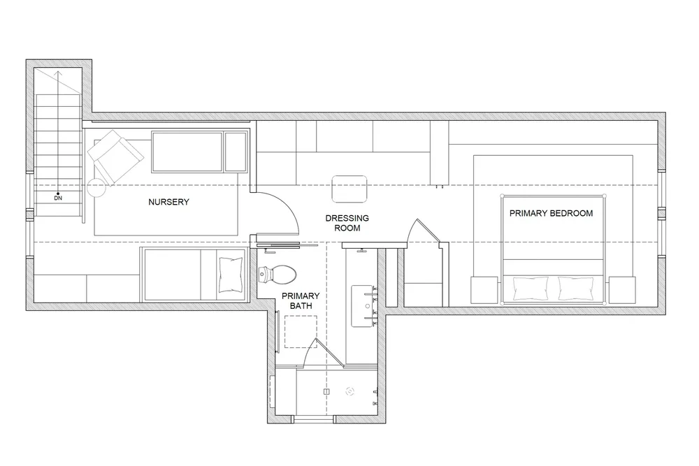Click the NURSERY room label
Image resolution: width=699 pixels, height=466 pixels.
168,203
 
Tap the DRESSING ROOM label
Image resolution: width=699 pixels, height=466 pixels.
347,223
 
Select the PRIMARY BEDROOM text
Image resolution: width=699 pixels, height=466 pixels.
551,213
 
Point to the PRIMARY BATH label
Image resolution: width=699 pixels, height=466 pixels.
301,300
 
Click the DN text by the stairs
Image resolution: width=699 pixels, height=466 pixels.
58,199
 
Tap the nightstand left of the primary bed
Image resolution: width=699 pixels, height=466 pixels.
484,290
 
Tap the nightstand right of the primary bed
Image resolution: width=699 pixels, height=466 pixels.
622,290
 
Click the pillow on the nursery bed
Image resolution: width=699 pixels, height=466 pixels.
230,275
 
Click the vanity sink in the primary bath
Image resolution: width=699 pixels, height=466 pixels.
363,306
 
